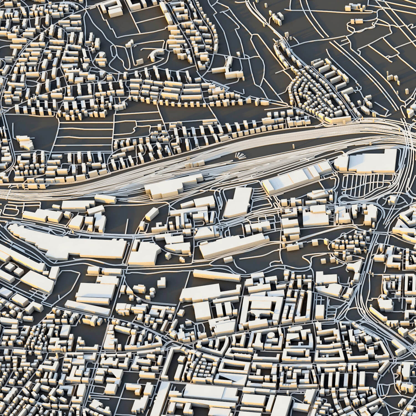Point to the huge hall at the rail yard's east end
click(370, 160)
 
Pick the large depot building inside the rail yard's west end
click(172, 186)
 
